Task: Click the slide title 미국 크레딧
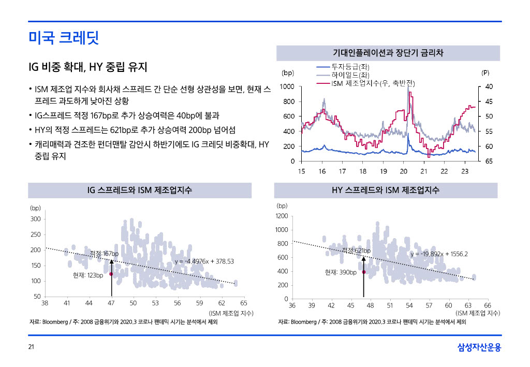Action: pos(64,37)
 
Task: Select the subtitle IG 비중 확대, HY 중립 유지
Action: pos(88,67)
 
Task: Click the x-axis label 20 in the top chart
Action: pos(403,171)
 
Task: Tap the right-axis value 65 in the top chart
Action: pos(489,162)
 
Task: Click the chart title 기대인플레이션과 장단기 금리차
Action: pos(388,53)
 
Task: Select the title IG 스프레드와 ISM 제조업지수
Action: pos(140,190)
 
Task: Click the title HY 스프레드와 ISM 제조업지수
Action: pos(386,190)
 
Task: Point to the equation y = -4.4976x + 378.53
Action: pos(204,261)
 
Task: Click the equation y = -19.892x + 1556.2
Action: pos(439,254)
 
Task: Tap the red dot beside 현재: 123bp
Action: pos(111,274)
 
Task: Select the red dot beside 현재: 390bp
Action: pos(363,272)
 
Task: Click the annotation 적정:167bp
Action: pos(104,254)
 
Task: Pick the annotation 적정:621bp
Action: pos(356,251)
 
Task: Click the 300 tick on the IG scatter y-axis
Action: pos(35,219)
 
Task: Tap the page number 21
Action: pos(31,347)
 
